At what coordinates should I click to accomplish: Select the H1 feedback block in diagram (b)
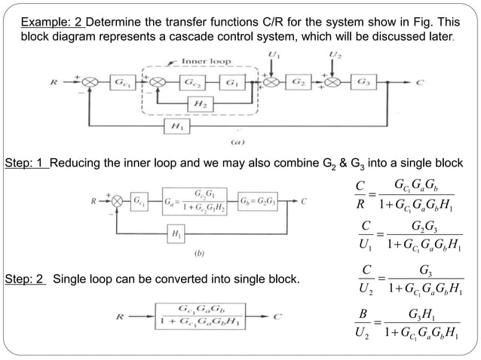176,234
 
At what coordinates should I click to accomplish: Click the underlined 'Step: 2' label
26,280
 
